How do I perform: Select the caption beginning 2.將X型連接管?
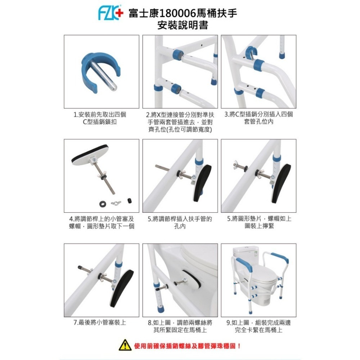point(180,122)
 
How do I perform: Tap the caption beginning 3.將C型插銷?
point(258,118)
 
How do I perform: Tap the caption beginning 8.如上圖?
point(180,326)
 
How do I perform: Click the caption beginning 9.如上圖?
point(258,326)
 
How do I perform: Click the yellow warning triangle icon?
point(124,346)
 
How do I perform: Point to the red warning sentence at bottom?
point(187,346)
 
